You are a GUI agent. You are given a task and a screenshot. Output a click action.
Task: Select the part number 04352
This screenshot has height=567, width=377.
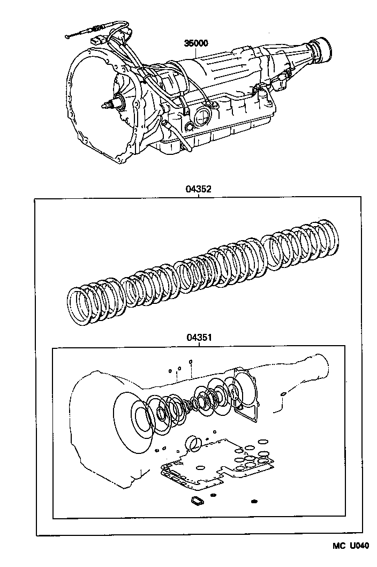198,189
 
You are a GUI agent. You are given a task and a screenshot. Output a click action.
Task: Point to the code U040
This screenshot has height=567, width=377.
359,546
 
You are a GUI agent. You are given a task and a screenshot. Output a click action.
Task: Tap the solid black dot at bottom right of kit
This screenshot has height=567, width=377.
254,502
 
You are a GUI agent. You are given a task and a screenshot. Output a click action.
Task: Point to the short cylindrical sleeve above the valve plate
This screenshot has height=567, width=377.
193,443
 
